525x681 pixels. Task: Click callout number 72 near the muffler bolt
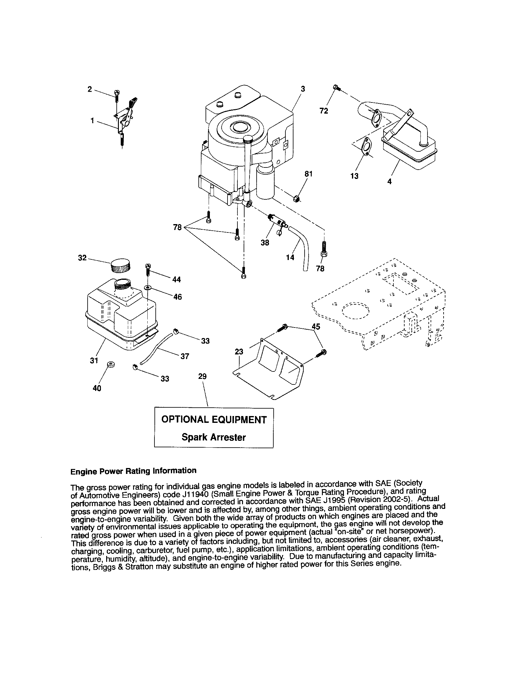point(323,111)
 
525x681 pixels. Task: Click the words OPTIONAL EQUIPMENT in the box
point(214,419)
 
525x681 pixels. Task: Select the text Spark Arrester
point(214,437)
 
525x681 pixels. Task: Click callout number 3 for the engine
point(303,89)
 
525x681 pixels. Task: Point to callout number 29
point(202,376)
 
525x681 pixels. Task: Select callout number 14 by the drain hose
point(290,258)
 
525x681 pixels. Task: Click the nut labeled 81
point(297,198)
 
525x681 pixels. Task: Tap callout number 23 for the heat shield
point(239,352)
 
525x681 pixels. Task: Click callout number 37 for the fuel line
point(185,356)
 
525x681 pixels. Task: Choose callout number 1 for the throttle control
point(92,120)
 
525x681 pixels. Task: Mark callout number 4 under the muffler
point(389,181)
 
